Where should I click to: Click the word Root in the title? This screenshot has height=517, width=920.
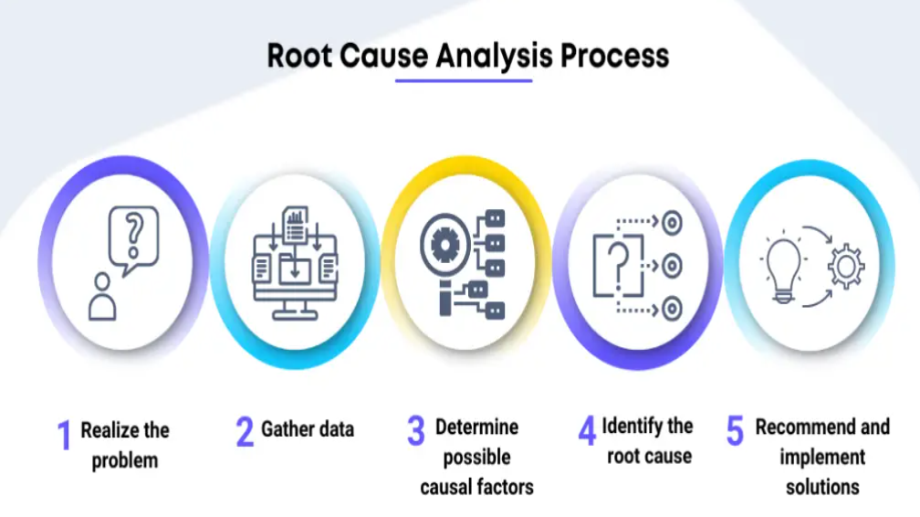click(299, 56)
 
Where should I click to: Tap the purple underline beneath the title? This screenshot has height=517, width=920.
click(463, 81)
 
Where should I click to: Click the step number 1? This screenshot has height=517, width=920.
click(64, 436)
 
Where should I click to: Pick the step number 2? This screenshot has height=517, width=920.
click(245, 431)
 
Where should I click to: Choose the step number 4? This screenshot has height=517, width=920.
click(587, 430)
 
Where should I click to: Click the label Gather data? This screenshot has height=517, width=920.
click(308, 428)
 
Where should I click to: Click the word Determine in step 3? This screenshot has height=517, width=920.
click(476, 427)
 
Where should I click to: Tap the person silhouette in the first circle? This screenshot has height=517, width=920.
click(102, 296)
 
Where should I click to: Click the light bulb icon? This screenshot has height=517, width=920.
click(783, 270)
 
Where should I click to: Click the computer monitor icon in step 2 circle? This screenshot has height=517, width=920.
click(294, 274)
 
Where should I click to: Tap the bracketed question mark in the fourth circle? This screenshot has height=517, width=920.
click(617, 266)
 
